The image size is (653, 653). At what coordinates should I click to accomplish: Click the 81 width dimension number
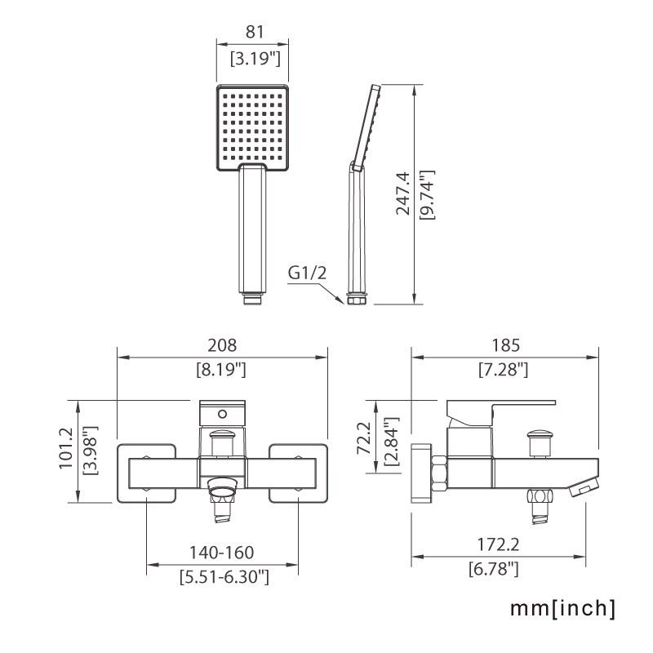point(253,32)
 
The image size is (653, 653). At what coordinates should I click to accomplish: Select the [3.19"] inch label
point(253,59)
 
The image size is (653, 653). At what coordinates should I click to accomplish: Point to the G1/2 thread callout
point(307,272)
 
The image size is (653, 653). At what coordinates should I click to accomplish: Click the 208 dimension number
point(222,346)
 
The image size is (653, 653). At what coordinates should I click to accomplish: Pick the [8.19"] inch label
point(222,370)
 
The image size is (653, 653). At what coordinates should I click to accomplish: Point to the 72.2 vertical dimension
point(366,438)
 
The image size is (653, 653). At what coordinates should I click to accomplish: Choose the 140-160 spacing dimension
point(223,553)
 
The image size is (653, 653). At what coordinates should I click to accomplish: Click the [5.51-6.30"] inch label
point(223,577)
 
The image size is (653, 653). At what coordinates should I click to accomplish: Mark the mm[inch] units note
point(562,608)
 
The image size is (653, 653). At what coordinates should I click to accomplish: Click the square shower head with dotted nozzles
point(253,127)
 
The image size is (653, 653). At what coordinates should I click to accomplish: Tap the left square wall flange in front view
point(147,473)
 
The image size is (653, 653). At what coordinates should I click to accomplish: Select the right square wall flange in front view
point(298,473)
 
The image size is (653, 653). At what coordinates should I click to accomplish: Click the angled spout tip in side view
point(580,488)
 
